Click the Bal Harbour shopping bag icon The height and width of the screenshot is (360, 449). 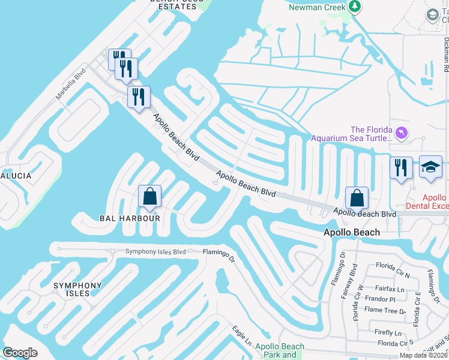coord(149,196)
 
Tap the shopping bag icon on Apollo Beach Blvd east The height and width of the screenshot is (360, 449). coord(357,199)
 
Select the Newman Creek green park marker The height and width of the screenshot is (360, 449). coord(355,7)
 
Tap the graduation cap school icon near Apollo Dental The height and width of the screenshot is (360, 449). coord(430,167)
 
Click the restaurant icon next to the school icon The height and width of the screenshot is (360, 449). coord(400,167)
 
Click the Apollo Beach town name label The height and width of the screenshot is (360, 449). coord(351,232)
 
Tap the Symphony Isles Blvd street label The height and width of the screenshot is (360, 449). coord(155,251)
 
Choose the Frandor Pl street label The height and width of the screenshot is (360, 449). coord(380,299)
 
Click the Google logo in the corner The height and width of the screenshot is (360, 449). coord(20,353)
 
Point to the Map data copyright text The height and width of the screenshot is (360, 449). coord(424,355)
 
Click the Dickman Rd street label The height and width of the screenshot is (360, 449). coord(446,51)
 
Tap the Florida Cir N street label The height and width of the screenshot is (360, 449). coord(393,265)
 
